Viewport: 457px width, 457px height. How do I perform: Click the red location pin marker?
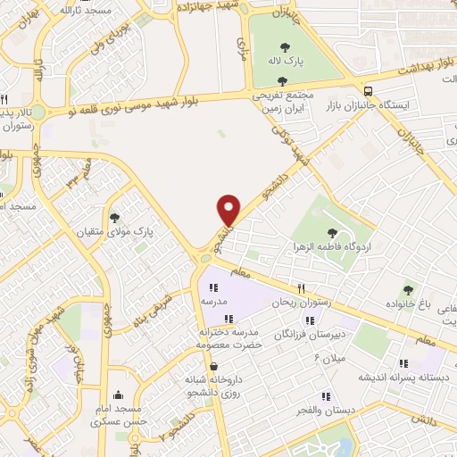click(x=229, y=211)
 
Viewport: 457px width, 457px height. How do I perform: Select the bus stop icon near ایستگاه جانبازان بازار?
click(x=368, y=90)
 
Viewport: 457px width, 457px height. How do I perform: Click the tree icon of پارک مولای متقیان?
click(x=114, y=216)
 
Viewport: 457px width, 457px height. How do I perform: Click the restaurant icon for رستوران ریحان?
click(x=302, y=287)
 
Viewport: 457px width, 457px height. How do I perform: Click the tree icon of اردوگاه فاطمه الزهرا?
click(x=332, y=232)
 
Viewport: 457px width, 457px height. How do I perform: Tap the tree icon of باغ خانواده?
click(x=409, y=289)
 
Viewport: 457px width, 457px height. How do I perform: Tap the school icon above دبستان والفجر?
click(x=326, y=395)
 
